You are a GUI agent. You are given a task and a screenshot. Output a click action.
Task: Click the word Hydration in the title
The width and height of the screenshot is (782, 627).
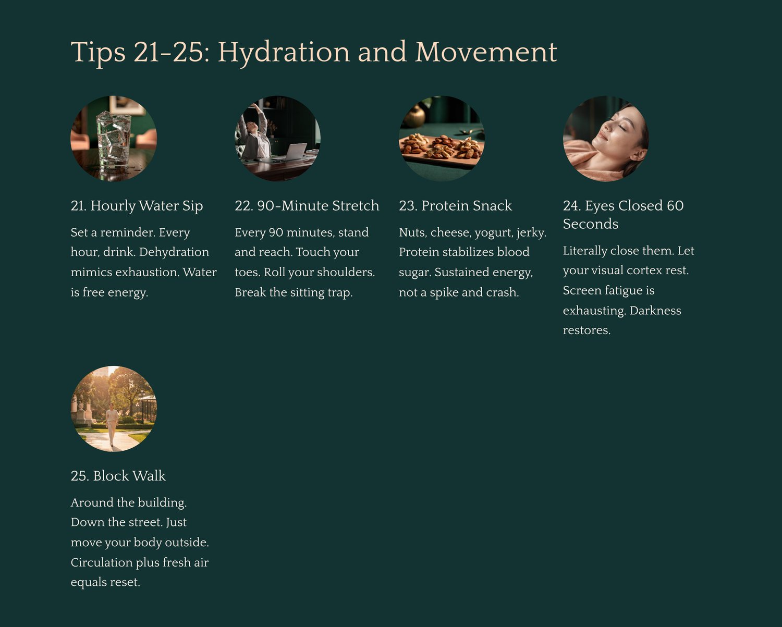pyautogui.click(x=284, y=53)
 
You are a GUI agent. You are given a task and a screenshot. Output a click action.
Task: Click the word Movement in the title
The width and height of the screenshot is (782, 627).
pyautogui.click(x=486, y=52)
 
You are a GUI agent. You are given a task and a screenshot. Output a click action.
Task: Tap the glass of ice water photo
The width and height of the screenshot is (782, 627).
pyautogui.click(x=114, y=139)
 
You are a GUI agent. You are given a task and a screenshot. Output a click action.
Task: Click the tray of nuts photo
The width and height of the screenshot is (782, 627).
pyautogui.click(x=442, y=139)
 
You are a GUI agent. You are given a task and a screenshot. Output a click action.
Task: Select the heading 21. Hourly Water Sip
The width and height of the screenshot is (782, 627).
pyautogui.click(x=137, y=206)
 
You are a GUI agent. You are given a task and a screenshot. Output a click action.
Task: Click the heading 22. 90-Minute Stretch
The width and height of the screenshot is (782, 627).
pyautogui.click(x=307, y=205)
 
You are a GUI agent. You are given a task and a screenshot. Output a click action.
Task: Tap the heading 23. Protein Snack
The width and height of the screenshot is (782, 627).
pyautogui.click(x=455, y=205)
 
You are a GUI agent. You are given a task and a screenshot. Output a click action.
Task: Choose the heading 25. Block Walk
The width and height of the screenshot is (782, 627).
pyautogui.click(x=118, y=476)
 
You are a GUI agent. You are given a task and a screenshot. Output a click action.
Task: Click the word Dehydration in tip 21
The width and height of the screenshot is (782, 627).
pyautogui.click(x=174, y=252)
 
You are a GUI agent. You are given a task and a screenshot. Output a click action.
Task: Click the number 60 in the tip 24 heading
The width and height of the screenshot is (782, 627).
pyautogui.click(x=675, y=205)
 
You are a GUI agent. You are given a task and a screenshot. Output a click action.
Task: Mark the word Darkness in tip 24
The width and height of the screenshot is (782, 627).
pyautogui.click(x=655, y=311)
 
